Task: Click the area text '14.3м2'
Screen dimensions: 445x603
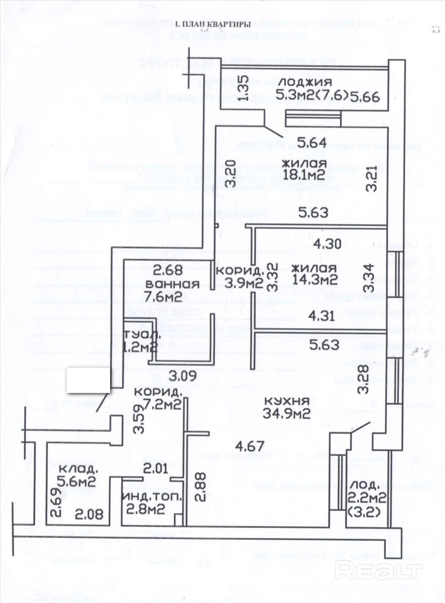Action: click(315, 279)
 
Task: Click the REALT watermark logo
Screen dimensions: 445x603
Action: click(378, 571)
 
